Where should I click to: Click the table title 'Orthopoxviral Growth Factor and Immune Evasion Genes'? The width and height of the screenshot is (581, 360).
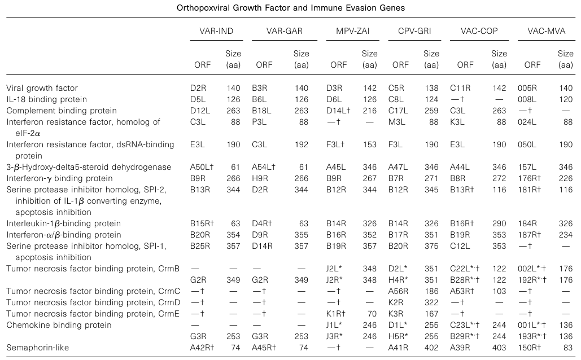click(290, 7)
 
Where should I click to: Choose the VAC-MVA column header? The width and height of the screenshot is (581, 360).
click(545, 32)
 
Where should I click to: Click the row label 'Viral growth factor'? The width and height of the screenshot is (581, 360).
click(42, 88)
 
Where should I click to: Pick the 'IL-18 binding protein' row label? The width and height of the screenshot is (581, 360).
click(42, 99)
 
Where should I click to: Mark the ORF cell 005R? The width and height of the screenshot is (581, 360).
click(526, 88)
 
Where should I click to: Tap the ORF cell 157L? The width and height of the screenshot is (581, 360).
click(526, 167)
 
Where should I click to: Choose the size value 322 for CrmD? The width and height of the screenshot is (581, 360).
click(431, 302)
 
